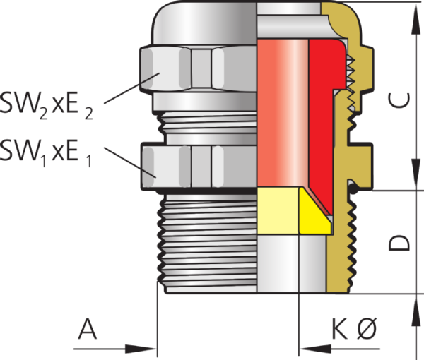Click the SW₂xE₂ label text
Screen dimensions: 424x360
tap(47, 105)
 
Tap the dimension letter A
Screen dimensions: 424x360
tap(87, 329)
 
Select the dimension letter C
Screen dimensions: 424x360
tap(399, 100)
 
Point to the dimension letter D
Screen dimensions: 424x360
tap(399, 243)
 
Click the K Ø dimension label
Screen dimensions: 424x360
tap(354, 329)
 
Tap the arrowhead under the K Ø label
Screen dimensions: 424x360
tap(315, 349)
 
